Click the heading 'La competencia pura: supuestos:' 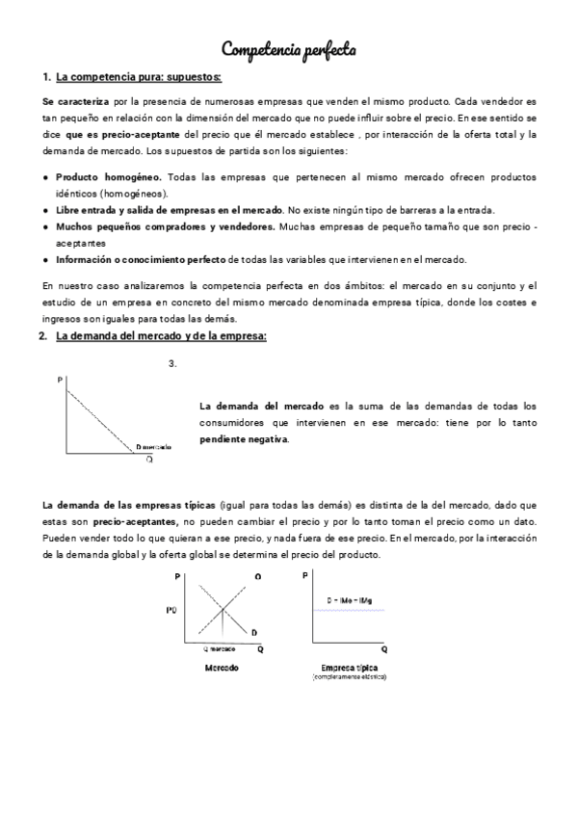(x=139, y=76)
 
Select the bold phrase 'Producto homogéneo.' (x=109, y=178)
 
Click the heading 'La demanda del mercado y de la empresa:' (x=161, y=335)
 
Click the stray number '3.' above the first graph (x=172, y=363)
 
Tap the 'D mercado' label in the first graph (x=154, y=447)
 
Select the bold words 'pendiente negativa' (x=244, y=439)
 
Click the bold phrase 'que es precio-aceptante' (x=122, y=135)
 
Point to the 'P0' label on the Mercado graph (x=171, y=610)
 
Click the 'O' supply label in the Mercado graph (x=258, y=576)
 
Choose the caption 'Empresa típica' (x=348, y=668)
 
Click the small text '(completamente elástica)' (x=348, y=677)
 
